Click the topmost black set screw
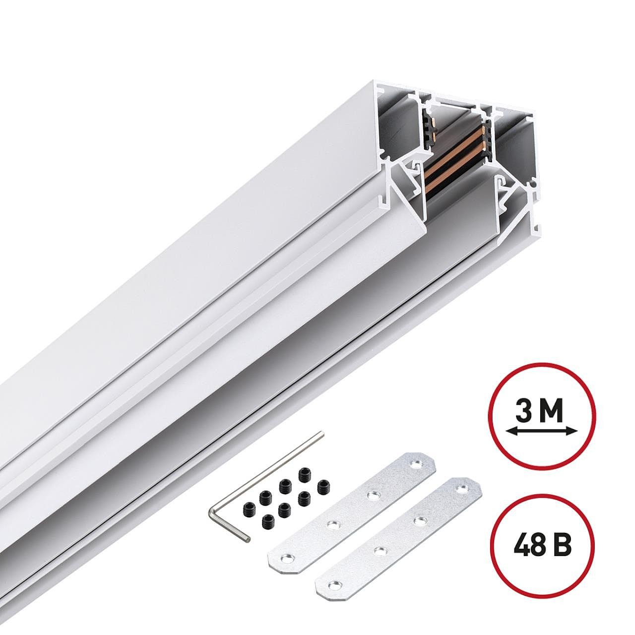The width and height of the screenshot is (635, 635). click(304, 474)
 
